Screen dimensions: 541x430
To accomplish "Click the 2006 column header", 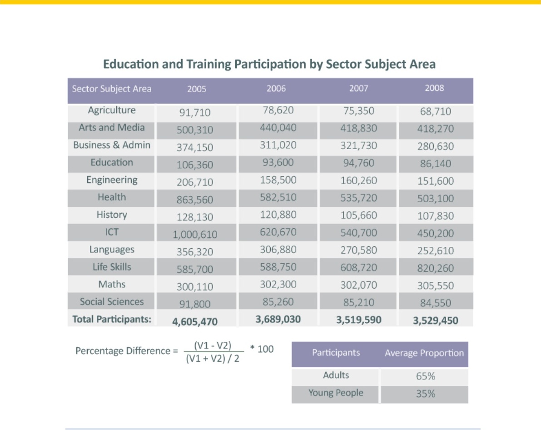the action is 276,89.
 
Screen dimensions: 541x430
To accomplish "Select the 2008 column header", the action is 434,88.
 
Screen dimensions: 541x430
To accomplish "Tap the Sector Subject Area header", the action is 111,89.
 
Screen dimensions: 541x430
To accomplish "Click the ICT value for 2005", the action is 195,235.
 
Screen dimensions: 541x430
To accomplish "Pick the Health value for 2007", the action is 358,198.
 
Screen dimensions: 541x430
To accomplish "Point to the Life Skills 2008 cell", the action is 436,268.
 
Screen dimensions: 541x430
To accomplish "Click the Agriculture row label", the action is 111,110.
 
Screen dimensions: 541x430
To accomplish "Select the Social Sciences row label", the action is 111,302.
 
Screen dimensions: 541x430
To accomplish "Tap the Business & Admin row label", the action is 111,145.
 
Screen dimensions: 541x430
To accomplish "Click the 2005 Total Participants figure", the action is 195,321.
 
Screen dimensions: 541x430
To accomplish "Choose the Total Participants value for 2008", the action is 436,320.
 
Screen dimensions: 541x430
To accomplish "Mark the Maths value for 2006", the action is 278,284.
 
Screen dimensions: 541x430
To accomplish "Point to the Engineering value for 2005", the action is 195,182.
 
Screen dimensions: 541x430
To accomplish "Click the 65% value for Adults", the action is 426,376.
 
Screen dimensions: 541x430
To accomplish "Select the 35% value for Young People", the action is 426,394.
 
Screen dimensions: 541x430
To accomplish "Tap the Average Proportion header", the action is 424,353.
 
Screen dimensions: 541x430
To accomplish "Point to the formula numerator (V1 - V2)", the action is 213,345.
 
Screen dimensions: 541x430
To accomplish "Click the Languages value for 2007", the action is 358,250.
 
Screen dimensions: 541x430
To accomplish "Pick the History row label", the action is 111,215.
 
